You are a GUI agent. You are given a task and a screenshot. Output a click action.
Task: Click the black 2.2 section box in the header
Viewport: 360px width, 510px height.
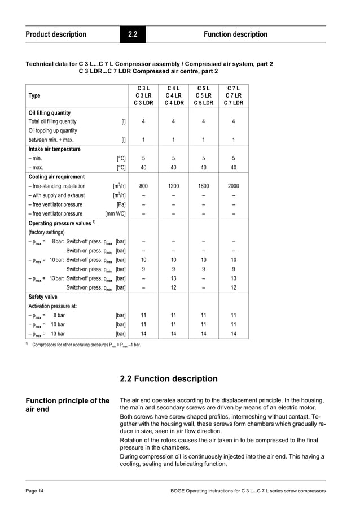[133, 34]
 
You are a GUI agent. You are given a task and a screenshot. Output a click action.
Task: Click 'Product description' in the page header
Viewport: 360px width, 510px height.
[56, 34]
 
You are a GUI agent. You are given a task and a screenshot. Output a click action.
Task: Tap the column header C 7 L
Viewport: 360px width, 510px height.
[233, 88]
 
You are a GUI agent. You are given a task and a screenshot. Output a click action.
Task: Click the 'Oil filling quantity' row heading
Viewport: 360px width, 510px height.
[50, 113]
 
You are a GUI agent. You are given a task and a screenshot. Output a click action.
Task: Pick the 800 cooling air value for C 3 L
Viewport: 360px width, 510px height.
[143, 186]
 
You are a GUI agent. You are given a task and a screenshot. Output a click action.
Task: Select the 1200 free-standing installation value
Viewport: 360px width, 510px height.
[173, 186]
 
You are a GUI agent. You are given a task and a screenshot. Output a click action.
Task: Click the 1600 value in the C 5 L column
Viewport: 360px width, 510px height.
[203, 186]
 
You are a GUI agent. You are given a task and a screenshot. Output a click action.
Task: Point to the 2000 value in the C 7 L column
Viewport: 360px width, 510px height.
[233, 186]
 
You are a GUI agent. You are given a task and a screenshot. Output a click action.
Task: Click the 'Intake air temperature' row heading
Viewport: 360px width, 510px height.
[54, 149]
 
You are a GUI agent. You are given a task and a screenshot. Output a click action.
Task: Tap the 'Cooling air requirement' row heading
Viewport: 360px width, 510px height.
[56, 177]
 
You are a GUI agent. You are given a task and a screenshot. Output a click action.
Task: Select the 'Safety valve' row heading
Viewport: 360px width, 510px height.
[43, 296]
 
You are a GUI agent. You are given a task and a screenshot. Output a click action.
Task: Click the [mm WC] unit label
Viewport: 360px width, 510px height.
[115, 213]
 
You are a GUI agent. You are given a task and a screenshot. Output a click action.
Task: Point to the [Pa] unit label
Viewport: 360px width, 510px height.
[121, 204]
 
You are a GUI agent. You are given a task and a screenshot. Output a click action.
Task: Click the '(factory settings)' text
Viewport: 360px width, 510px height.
[46, 232]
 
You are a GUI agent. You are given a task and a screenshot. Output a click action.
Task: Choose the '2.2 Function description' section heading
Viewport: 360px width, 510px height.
[169, 378]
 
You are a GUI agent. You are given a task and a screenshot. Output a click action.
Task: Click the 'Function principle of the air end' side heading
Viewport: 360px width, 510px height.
[67, 406]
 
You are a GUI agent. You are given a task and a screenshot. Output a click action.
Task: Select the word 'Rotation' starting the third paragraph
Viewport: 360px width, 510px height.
[133, 440]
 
